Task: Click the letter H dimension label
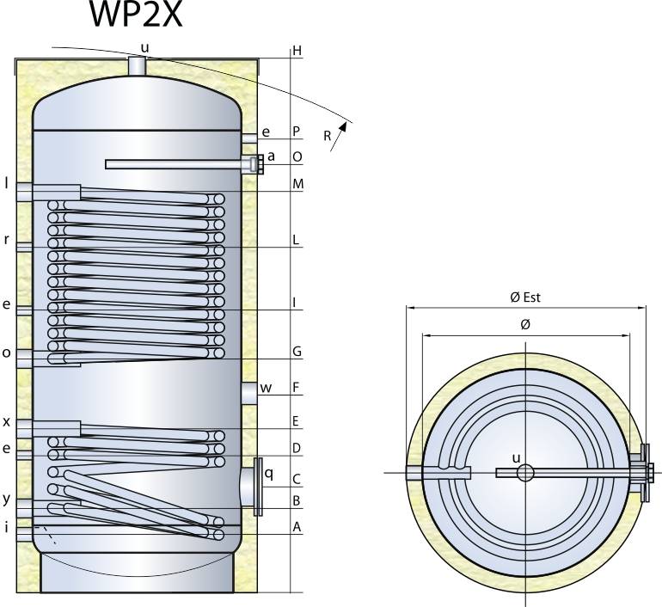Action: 297,51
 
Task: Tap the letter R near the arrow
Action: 328,137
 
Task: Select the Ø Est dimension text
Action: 524,297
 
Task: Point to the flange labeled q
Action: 257,487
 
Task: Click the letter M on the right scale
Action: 297,184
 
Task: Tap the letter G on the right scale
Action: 297,352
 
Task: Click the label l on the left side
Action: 6,182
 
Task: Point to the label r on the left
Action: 6,240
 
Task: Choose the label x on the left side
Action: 6,421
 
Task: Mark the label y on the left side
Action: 6,499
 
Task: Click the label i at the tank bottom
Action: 6,527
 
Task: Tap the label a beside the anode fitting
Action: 272,156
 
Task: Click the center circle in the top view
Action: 526,472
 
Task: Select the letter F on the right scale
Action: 297,388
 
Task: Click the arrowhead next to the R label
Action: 345,126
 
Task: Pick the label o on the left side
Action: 6,352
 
